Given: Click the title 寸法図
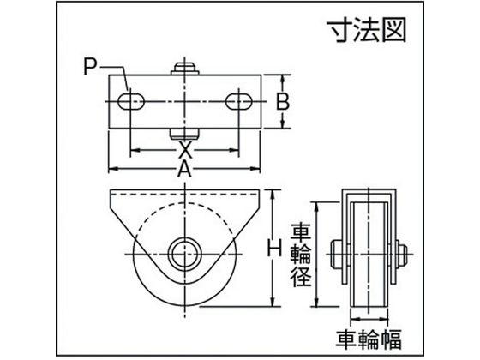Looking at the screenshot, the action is point(367,31).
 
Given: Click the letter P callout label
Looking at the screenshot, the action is point(90,67).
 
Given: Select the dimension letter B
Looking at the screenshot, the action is point(283,102).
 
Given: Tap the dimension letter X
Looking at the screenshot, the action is point(185,150).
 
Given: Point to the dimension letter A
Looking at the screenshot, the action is point(184,169).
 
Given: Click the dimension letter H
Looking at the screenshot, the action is point(274,248).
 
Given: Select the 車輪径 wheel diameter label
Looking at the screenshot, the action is point(302,255).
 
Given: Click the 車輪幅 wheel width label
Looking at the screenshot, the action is point(369,339).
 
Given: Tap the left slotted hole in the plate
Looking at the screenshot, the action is point(131,102).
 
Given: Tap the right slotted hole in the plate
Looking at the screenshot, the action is point(239,102).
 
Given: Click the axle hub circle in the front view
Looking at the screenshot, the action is point(184,254).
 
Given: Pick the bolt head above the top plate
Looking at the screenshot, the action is point(184,69).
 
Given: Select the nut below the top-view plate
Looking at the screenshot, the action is point(184,134).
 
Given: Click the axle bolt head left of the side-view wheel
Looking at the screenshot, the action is point(340,255).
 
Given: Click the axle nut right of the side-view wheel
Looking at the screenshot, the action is point(401,255).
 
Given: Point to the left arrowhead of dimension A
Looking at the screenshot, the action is point(113,169).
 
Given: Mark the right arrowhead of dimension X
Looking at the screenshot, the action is point(234,150).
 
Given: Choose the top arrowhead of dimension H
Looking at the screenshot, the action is point(273,194).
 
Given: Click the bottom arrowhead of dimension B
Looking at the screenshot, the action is point(283,123).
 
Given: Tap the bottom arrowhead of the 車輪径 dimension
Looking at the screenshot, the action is point(318,302).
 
